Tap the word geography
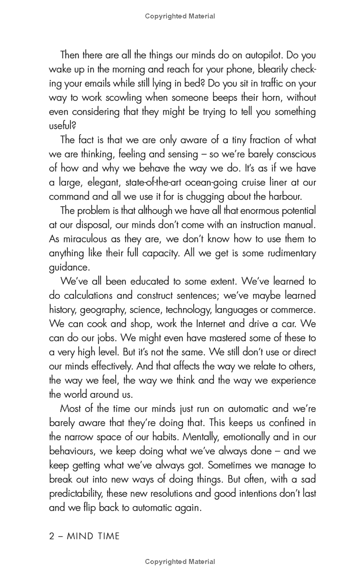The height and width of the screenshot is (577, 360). [x=104, y=310]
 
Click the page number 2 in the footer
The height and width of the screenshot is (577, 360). [x=52, y=536]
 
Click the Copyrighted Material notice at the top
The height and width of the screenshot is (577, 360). [x=180, y=16]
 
